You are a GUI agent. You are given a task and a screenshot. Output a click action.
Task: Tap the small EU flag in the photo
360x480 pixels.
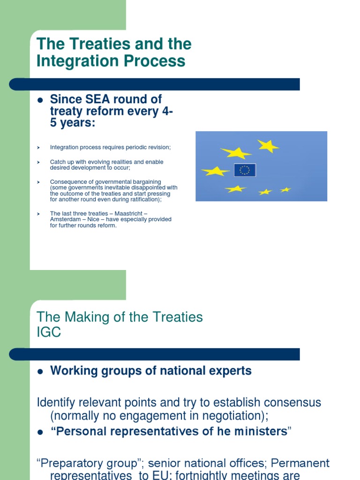click(x=245, y=170)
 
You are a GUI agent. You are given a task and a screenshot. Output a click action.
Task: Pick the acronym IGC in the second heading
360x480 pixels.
click(x=49, y=332)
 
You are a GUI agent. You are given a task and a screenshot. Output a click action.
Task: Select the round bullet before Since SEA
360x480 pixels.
click(x=40, y=100)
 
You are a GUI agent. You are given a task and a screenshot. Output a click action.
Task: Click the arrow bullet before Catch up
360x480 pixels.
click(x=39, y=162)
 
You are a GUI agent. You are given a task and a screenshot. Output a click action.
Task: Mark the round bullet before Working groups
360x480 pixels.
click(x=40, y=371)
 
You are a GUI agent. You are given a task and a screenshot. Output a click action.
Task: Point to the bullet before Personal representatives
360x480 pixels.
click(x=40, y=432)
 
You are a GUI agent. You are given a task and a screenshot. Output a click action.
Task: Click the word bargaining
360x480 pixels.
click(x=145, y=182)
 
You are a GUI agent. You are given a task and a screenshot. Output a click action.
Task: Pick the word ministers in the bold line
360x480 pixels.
click(x=261, y=432)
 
